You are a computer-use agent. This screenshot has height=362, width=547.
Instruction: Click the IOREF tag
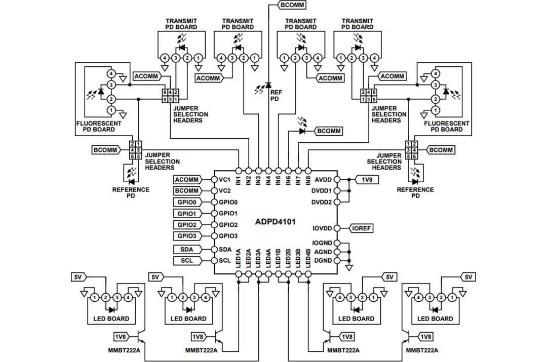361,228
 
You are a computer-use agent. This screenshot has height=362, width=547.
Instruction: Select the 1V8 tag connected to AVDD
366,179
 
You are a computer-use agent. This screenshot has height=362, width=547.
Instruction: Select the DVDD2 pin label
322,202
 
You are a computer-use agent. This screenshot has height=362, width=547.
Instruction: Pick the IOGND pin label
322,244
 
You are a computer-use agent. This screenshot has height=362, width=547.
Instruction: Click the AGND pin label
323,252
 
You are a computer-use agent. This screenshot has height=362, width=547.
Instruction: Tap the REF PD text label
276,96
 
